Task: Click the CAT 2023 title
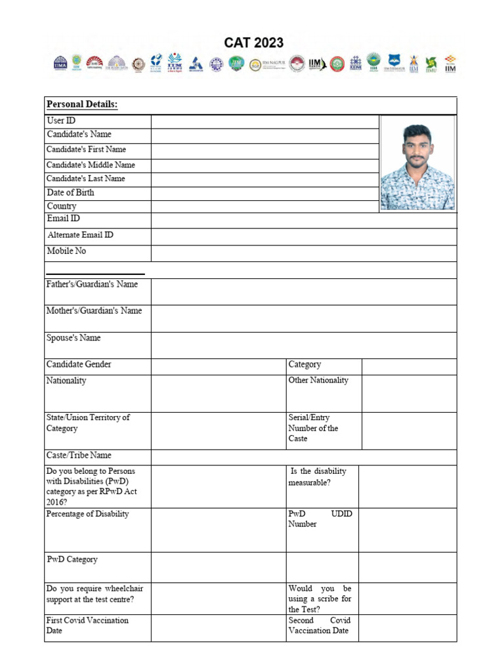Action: [254, 43]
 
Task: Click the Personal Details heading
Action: [82, 105]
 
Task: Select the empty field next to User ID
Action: [264, 121]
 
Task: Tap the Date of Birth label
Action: [70, 193]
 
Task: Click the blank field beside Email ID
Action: [304, 220]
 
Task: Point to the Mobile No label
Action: [66, 251]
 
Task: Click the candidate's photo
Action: [417, 164]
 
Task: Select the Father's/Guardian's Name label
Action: [92, 285]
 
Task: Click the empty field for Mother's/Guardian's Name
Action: [304, 319]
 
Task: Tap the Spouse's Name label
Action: [73, 338]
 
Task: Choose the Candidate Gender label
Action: [79, 364]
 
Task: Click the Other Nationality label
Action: [318, 381]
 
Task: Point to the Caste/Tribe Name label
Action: [79, 455]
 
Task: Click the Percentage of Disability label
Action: [87, 514]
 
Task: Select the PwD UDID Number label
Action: [320, 519]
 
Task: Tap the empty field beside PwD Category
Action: [218, 567]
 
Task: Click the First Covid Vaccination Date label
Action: [87, 625]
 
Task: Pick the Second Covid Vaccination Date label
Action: [320, 625]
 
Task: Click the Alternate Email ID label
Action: [80, 235]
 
